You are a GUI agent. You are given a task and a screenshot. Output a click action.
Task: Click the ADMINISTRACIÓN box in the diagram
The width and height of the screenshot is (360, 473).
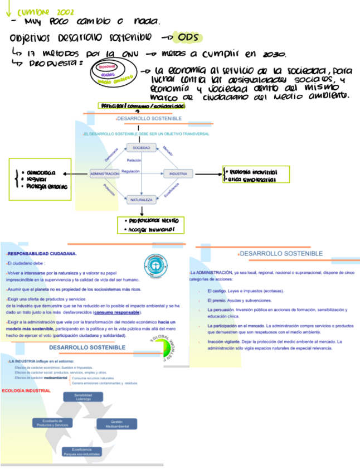tap(105, 174)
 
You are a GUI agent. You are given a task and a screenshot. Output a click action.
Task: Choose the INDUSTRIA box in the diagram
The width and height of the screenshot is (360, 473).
tap(178, 174)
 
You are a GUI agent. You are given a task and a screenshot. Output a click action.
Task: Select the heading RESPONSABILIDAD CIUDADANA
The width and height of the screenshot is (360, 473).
tap(42, 253)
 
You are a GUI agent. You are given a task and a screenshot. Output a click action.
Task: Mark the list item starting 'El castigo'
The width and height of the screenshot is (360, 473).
tap(245, 291)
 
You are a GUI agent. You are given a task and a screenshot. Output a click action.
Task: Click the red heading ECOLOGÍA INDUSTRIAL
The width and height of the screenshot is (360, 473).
tap(26, 390)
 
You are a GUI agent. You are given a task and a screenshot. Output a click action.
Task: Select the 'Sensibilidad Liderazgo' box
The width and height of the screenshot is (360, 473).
tap(83, 397)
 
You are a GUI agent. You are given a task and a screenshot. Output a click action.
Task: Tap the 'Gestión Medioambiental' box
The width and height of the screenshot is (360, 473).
tap(116, 424)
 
